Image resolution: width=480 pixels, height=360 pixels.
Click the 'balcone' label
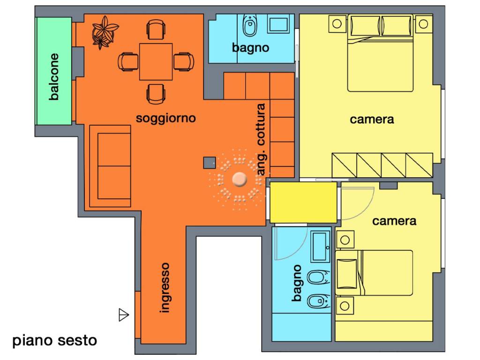pyautogui.click(x=54, y=77)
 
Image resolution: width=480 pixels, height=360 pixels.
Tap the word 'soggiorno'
pyautogui.click(x=165, y=118)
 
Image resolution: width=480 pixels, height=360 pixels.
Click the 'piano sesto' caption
pyautogui.click(x=54, y=340)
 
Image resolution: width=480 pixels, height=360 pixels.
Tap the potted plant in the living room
pyautogui.click(x=104, y=32)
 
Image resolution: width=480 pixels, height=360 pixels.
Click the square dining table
pyautogui.click(x=156, y=61)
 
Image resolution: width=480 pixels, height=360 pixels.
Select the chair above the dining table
pyautogui.click(x=156, y=29)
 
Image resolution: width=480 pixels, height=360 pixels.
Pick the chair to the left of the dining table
pyautogui.click(x=128, y=61)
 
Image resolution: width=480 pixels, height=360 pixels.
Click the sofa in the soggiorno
pyautogui.click(x=110, y=166)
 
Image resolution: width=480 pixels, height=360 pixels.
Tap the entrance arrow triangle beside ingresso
pyautogui.click(x=123, y=315)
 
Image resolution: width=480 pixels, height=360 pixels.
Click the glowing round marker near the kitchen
pyautogui.click(x=240, y=179)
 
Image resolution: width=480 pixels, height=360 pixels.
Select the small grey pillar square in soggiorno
pyautogui.click(x=209, y=163)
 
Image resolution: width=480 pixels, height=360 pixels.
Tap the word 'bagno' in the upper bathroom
pyautogui.click(x=251, y=47)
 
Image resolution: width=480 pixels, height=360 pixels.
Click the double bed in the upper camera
pyautogui.click(x=380, y=52)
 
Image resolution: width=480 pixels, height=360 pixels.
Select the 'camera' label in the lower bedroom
pyautogui.click(x=394, y=220)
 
